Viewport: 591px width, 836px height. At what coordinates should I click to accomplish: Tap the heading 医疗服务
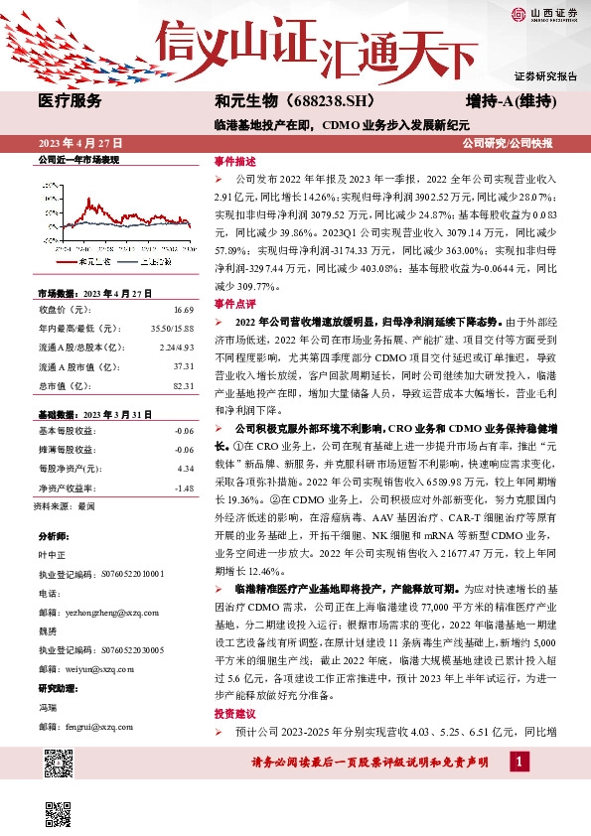(70, 101)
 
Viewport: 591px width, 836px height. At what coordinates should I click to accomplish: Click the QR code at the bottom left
(58, 764)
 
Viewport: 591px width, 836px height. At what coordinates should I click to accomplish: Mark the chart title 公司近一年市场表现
(77, 159)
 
